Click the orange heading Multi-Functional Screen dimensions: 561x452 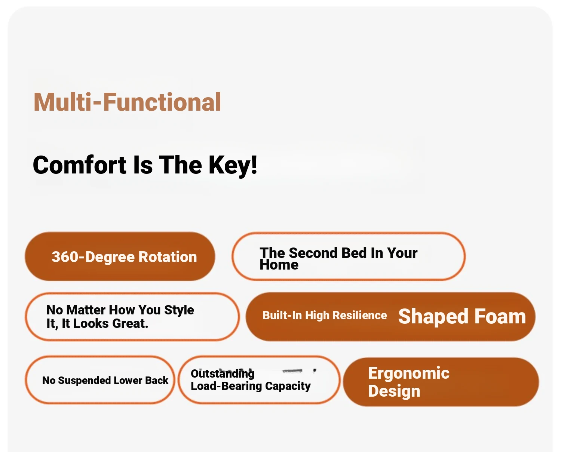pos(127,102)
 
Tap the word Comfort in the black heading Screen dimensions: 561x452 pos(80,165)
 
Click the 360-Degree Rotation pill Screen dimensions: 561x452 pos(120,256)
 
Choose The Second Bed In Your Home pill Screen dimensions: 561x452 pos(349,256)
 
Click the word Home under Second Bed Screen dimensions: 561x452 pos(279,265)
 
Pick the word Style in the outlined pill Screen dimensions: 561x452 pos(179,310)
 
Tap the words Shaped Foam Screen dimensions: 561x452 pos(462,317)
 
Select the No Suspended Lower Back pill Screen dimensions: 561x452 pos(100,380)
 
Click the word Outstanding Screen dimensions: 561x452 pos(223,374)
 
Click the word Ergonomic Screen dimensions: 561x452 pos(409,373)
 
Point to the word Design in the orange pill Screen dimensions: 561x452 pos(394,391)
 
